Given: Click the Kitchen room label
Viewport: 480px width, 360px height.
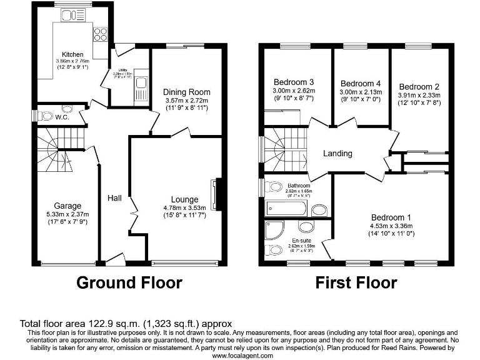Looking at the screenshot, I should coord(72,54).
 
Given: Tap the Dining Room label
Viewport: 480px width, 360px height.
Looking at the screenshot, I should coord(187,92).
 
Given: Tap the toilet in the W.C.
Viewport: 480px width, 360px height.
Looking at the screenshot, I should coord(45,116).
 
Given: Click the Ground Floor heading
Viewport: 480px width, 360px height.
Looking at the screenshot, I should coord(129,282).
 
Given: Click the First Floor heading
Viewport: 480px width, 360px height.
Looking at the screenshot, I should coord(356,282).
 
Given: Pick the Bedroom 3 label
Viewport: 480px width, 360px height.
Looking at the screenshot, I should coord(294,82).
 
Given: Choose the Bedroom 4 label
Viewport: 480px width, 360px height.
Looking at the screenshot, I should coord(361,83).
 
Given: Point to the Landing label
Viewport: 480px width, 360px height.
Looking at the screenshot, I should coord(337,153).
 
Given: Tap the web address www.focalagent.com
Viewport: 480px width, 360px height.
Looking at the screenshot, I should coord(242,355).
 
